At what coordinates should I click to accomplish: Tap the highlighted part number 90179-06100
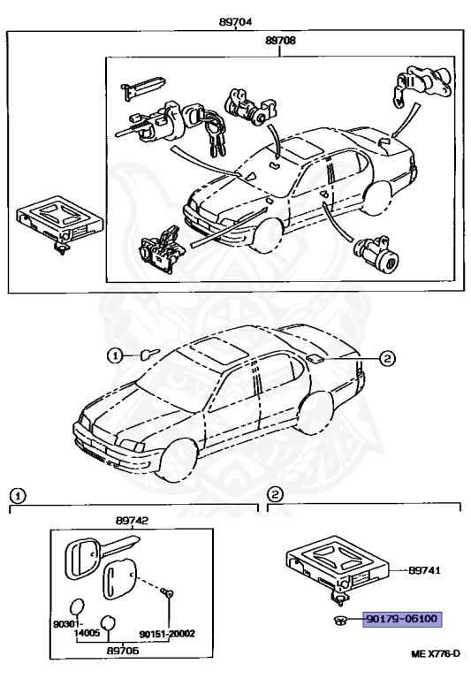(402, 620)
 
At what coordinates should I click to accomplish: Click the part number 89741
(427, 572)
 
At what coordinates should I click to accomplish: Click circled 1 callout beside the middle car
(116, 356)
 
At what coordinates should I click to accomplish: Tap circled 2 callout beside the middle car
(386, 359)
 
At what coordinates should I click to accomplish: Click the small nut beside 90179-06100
(341, 620)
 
